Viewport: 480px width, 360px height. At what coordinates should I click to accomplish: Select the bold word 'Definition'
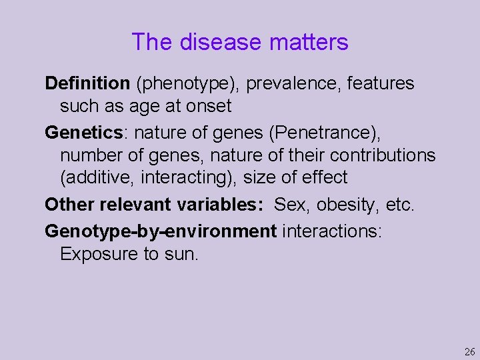coord(87,83)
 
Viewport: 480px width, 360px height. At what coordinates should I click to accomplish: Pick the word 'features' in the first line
coord(381,83)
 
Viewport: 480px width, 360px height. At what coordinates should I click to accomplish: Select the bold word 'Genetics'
coord(84,133)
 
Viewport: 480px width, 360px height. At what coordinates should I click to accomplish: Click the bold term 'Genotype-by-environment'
coord(161,231)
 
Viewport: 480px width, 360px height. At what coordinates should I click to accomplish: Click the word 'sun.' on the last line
coord(182,254)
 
